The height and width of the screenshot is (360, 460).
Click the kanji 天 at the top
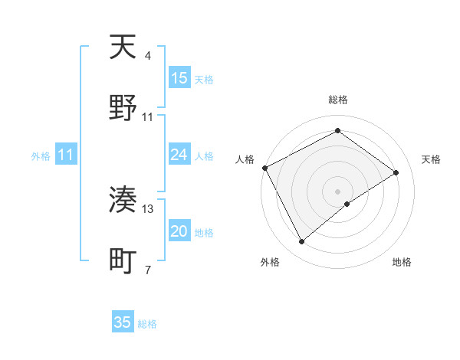tap(123, 48)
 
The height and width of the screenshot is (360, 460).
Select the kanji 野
tap(123, 108)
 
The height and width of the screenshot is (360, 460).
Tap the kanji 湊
tap(123, 200)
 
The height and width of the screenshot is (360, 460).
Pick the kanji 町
tap(123, 261)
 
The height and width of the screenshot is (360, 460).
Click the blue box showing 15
tap(179, 78)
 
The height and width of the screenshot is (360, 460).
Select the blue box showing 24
tap(179, 155)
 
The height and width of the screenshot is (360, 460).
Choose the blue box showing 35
tap(123, 322)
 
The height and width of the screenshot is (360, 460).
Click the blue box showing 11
tap(66, 155)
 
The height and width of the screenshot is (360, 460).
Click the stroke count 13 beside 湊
tap(148, 208)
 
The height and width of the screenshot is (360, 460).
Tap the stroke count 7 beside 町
tap(147, 270)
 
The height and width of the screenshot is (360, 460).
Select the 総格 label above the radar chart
tap(338, 100)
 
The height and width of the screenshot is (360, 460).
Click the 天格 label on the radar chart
tap(431, 159)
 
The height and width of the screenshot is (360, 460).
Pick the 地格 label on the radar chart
tap(402, 262)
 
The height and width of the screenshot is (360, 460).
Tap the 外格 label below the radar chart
tap(270, 262)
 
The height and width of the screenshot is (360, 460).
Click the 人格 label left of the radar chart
tap(245, 159)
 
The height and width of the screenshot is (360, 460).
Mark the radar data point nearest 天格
tap(396, 172)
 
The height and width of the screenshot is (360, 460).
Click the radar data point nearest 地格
tap(347, 204)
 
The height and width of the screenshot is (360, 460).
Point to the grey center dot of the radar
tap(338, 191)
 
